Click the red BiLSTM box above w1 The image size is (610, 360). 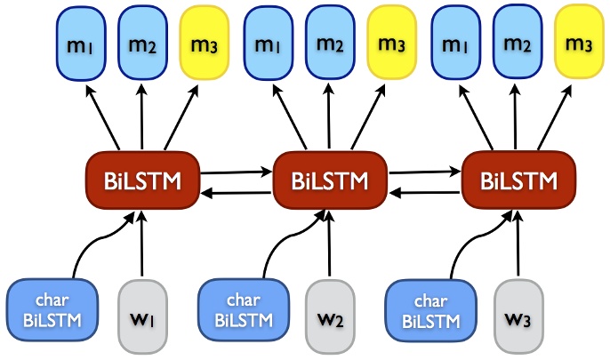(142, 181)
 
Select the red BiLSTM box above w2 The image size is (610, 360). (330, 181)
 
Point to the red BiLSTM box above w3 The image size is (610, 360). (518, 181)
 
